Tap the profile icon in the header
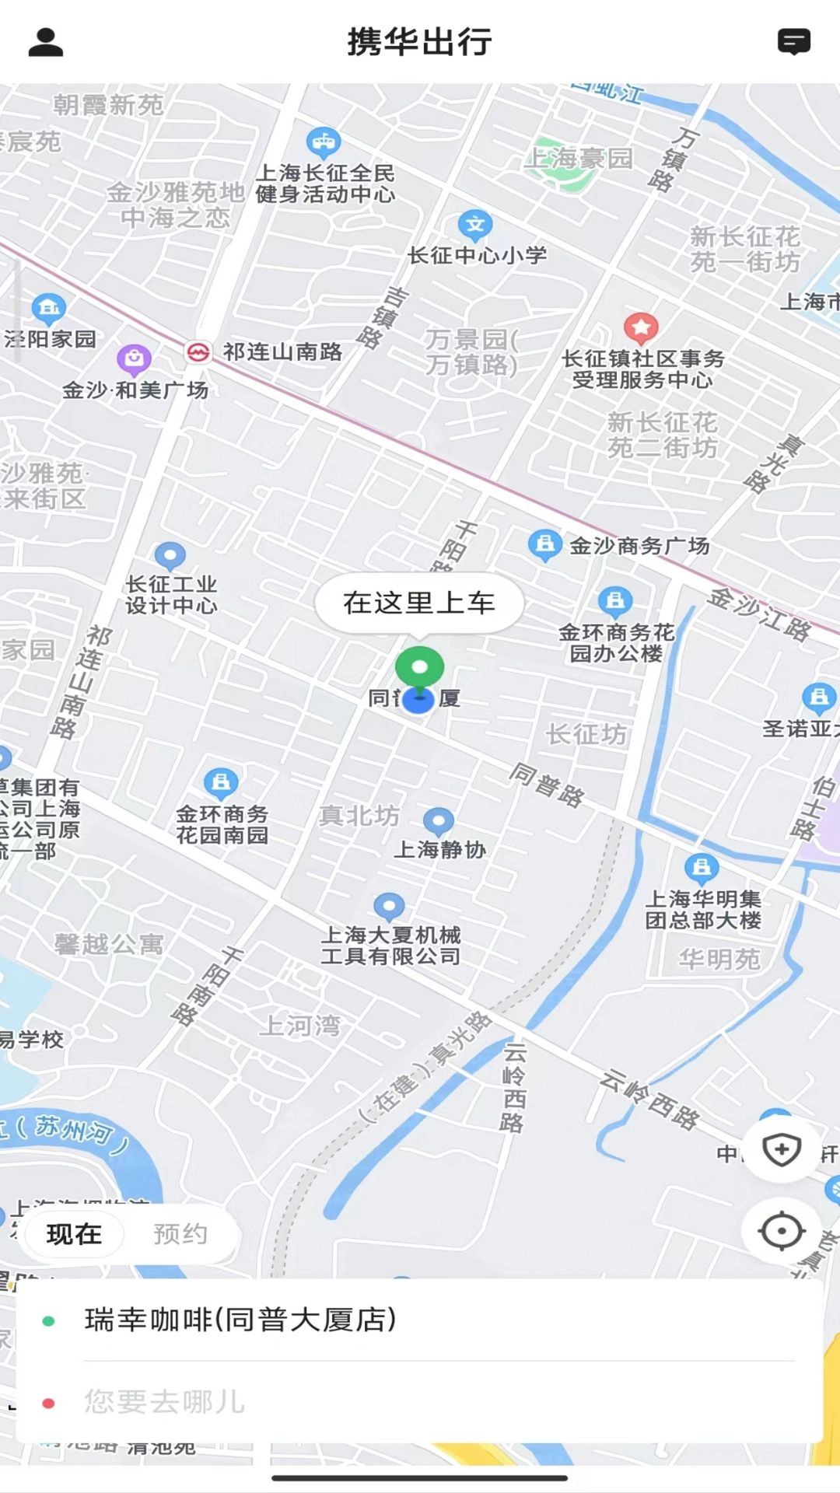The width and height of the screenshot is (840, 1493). click(45, 42)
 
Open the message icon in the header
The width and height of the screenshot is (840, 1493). click(793, 42)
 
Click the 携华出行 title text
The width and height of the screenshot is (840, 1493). click(419, 42)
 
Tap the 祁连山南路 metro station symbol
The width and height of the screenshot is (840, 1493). click(198, 352)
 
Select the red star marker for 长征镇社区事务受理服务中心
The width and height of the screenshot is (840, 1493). click(641, 328)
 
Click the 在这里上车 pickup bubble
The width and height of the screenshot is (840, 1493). click(419, 603)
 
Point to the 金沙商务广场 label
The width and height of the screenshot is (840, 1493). click(639, 546)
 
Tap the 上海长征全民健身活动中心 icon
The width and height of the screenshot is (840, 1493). click(324, 142)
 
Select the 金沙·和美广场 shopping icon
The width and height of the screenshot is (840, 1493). click(134, 359)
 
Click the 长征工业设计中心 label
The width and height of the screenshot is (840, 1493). click(172, 595)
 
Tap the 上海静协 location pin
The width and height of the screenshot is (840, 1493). click(439, 820)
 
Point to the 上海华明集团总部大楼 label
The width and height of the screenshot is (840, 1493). click(703, 910)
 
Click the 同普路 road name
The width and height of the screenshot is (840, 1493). click(547, 785)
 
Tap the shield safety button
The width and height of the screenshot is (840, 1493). click(781, 1149)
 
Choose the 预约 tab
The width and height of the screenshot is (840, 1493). click(180, 1234)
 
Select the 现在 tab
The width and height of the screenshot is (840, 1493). click(74, 1234)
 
